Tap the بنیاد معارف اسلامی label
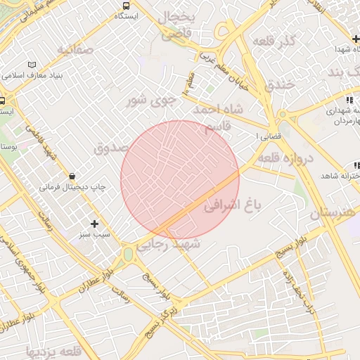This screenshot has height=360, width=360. tap(36, 75)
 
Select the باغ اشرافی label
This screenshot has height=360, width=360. tap(232, 205)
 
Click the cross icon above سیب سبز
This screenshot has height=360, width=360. tap(95, 224)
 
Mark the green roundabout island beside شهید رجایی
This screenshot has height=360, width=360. tap(128, 253)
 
